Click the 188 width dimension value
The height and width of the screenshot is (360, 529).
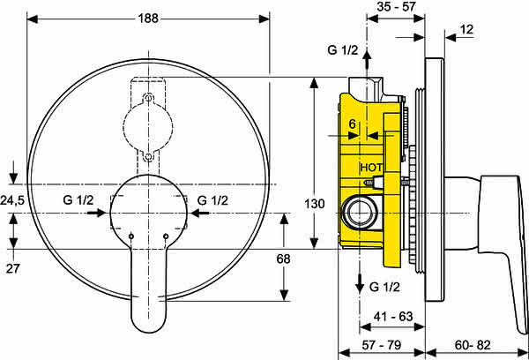(148, 19)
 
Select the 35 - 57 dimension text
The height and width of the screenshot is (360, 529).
(396, 6)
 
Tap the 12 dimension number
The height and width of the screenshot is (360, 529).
(466, 30)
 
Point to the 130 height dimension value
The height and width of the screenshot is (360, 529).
(315, 204)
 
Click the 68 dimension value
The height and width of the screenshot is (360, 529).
(283, 259)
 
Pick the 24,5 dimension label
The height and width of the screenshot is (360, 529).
(12, 200)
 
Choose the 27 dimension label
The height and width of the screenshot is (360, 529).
(13, 269)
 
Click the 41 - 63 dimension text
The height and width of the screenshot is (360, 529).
(393, 317)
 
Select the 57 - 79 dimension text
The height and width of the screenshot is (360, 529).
(382, 345)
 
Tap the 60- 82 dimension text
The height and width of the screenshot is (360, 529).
(473, 345)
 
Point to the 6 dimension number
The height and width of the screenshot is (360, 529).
(352, 124)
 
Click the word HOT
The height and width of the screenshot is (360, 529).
(371, 168)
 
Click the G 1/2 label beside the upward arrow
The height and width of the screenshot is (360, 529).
(342, 50)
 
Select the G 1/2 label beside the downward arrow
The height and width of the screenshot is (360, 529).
(384, 287)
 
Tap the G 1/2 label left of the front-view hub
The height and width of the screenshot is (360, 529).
(78, 200)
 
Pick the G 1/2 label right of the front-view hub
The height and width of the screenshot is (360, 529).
(212, 200)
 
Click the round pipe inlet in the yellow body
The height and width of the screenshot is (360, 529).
(359, 214)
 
